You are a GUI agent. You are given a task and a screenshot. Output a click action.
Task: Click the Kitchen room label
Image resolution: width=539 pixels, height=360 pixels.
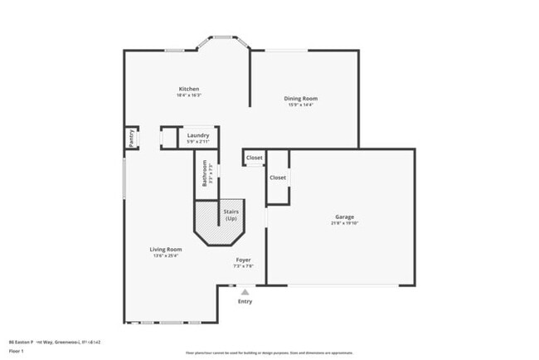[x=189, y=89]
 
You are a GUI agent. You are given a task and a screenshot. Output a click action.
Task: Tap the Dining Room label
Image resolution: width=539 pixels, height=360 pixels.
[x=302, y=98]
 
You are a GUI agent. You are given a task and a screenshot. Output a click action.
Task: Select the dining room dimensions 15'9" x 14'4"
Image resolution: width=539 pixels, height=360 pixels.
[x=302, y=105]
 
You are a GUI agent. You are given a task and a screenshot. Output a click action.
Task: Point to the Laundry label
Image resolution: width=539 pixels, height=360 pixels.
[x=197, y=135]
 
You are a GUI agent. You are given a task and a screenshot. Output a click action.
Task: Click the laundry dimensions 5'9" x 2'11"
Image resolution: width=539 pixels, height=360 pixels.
[x=197, y=142]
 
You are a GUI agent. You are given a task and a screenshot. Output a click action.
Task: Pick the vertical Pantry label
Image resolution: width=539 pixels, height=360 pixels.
[x=131, y=139]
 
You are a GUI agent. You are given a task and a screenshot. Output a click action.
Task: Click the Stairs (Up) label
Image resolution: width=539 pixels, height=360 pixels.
[x=231, y=215]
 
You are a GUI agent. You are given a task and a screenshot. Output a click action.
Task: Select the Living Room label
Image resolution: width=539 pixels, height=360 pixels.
[x=166, y=249]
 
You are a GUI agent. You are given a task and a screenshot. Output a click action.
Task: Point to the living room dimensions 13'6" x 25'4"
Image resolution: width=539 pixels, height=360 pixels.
[x=166, y=255]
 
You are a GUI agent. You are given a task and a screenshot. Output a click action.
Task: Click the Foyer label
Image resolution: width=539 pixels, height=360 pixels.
[x=243, y=260]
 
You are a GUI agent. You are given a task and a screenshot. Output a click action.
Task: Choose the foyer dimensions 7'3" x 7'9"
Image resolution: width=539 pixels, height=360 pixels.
[x=243, y=266]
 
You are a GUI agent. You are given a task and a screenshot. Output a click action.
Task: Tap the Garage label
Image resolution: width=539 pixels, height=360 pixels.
[x=345, y=217]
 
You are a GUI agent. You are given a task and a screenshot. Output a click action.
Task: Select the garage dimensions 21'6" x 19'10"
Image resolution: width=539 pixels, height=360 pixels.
[x=345, y=224]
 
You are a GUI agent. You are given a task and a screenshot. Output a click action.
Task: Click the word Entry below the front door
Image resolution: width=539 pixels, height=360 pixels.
[x=245, y=301]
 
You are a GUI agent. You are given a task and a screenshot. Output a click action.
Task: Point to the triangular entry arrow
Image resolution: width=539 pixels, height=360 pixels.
[x=245, y=292]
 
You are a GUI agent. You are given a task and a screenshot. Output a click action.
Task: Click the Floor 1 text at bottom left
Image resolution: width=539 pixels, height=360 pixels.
[x=17, y=351]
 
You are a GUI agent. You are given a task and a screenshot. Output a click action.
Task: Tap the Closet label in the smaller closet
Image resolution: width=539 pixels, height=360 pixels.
[x=255, y=158]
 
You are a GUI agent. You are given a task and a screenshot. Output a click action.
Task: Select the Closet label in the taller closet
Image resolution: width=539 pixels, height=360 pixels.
[x=278, y=177]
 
